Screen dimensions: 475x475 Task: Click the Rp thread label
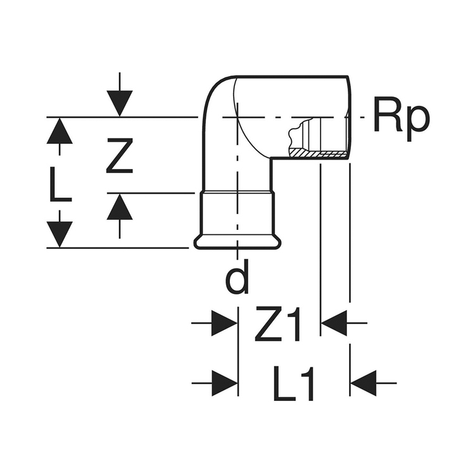[401, 118]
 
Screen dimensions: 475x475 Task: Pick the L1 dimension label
[294, 383]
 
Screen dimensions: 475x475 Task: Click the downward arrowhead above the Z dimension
[119, 103]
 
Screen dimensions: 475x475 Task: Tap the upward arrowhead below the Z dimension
[119, 207]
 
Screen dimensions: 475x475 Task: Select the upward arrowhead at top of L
[60, 131]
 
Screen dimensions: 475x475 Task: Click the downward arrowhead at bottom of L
[60, 233]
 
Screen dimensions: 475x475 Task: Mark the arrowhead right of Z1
[335, 324]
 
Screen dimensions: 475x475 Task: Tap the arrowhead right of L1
[364, 383]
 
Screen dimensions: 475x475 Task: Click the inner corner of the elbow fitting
[272, 159]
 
